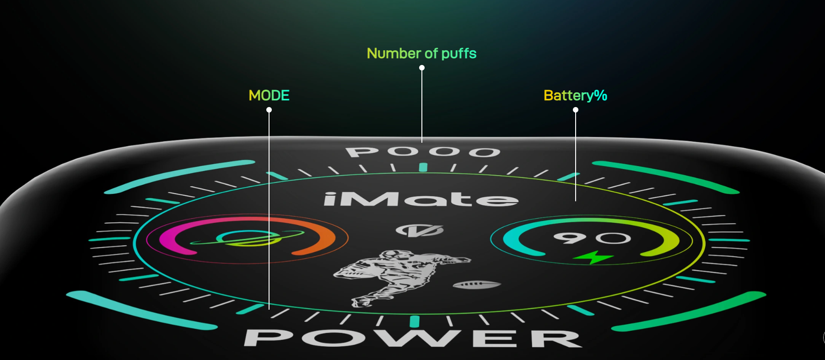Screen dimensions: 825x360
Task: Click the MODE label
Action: pyautogui.click(x=269, y=95)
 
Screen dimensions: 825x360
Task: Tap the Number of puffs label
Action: pyautogui.click(x=421, y=54)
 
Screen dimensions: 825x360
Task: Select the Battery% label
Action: pyautogui.click(x=575, y=95)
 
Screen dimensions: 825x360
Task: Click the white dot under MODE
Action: pyautogui.click(x=269, y=110)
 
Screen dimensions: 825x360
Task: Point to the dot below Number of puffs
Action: pyautogui.click(x=422, y=68)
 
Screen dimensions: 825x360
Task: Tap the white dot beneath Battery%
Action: pyautogui.click(x=576, y=110)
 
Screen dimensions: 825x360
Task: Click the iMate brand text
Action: pyautogui.click(x=421, y=199)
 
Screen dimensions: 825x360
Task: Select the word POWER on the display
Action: pyautogui.click(x=413, y=338)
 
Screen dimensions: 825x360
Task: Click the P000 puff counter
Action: pyautogui.click(x=423, y=151)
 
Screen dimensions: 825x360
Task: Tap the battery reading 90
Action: pyautogui.click(x=592, y=237)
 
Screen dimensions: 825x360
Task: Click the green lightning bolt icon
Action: pyautogui.click(x=593, y=258)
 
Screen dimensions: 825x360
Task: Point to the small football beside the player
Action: pyautogui.click(x=477, y=285)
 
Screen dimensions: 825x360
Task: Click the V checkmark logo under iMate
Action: pyautogui.click(x=420, y=230)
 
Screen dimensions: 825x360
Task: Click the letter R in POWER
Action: pyautogui.click(x=556, y=339)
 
